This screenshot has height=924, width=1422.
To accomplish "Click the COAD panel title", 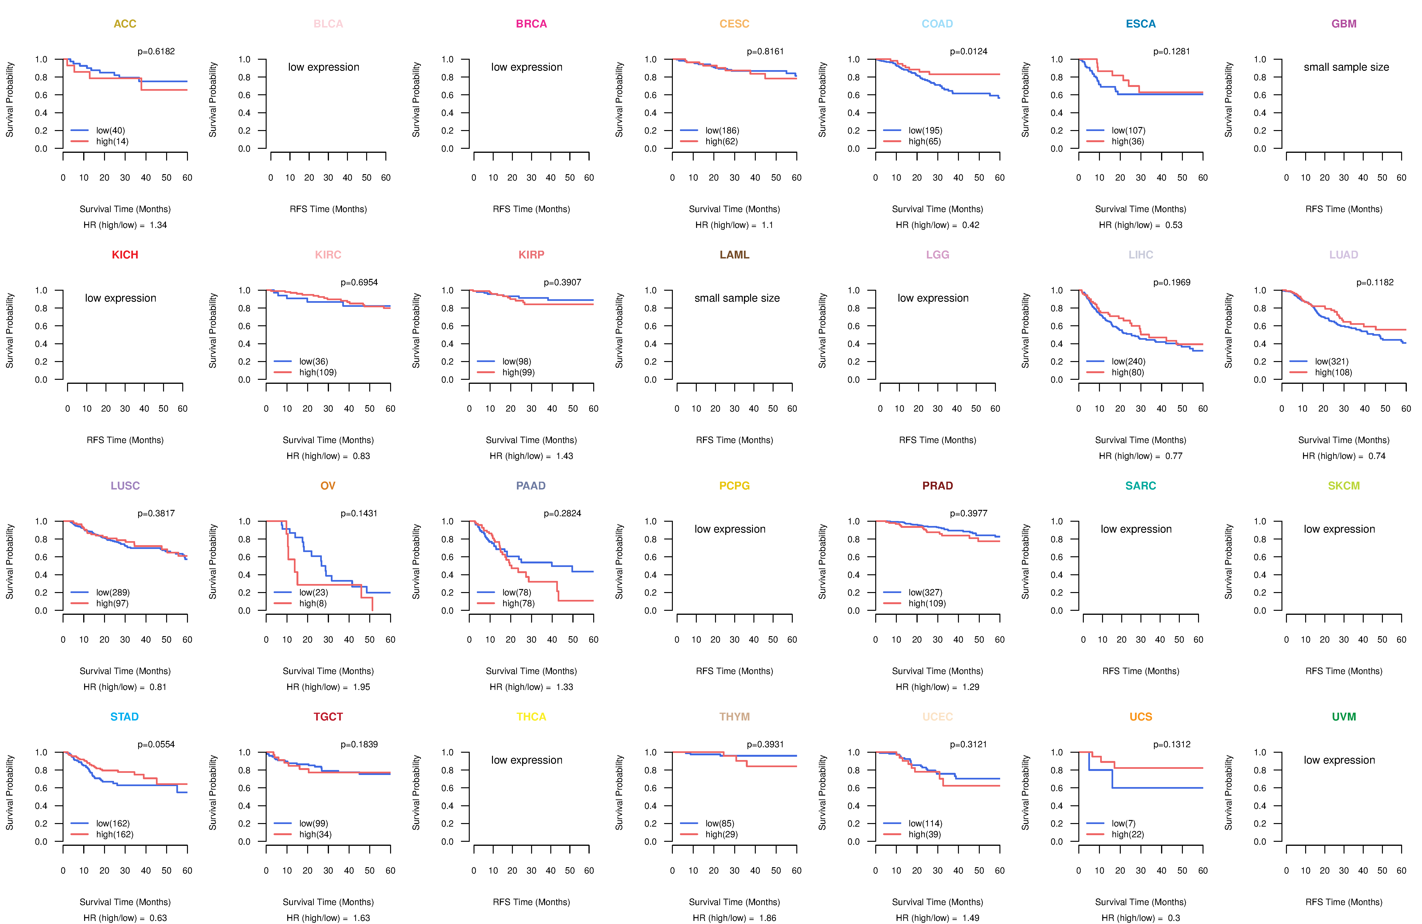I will (937, 24).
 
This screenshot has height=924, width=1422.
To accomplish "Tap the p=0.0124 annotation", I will (969, 51).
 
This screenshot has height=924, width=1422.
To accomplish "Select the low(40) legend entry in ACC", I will (110, 130).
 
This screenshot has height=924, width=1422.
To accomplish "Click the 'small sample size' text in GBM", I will (1346, 67).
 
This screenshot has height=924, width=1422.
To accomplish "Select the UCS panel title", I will (1140, 717).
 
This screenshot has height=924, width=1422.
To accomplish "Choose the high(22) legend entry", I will (1127, 834).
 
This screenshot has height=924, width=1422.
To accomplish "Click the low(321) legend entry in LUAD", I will (1331, 361).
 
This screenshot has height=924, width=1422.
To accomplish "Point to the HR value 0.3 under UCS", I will (1173, 918).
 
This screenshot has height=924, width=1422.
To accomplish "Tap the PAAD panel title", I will (531, 486).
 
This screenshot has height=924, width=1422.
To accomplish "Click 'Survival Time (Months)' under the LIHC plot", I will (1140, 440).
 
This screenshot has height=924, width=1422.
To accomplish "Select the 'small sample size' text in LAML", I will (737, 298).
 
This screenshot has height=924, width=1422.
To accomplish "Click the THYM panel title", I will (734, 717).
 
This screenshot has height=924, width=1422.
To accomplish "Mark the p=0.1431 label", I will (359, 513).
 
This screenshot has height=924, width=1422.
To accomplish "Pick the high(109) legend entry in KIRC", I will (317, 372).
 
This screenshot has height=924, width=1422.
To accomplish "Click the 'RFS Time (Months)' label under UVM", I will (1344, 902).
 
